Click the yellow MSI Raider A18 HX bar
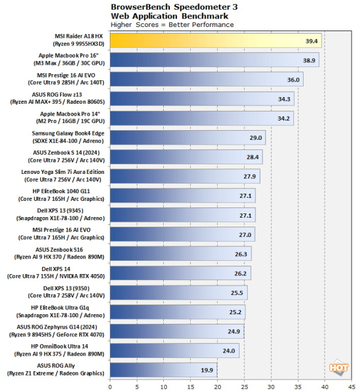tap(215, 40)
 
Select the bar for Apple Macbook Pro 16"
tap(214, 60)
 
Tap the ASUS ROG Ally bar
tap(163, 370)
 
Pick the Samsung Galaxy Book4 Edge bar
tap(187, 137)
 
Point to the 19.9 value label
tap(207, 370)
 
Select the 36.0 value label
tap(293, 79)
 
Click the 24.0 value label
tap(229, 351)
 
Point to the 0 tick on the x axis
tap(110, 385)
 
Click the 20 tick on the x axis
tap(217, 385)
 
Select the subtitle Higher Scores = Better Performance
tap(172, 25)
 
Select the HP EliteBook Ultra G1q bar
tap(177, 312)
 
